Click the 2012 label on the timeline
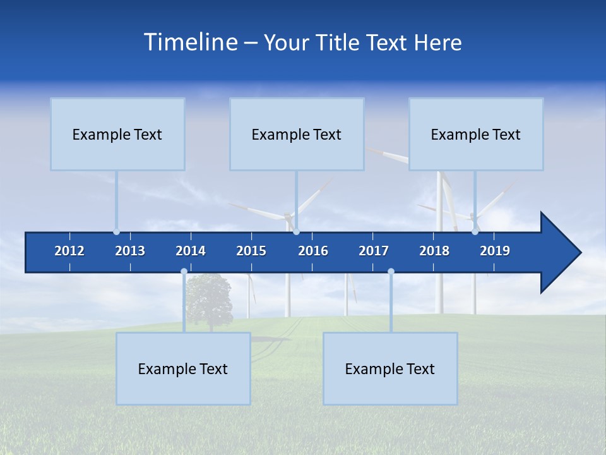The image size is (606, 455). click(x=69, y=251)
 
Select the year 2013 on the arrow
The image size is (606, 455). click(x=130, y=251)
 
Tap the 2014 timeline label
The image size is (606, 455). click(x=191, y=251)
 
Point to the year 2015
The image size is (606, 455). click(x=251, y=251)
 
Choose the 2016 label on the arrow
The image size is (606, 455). click(x=313, y=251)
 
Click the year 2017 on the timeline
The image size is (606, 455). click(x=374, y=251)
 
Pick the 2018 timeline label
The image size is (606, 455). click(x=434, y=251)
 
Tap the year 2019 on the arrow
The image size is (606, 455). click(x=495, y=251)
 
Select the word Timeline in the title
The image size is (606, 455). click(x=190, y=42)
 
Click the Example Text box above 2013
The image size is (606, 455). click(x=117, y=134)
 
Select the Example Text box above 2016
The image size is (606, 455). click(x=297, y=134)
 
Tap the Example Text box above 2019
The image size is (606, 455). click(x=476, y=134)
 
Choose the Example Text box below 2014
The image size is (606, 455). click(x=183, y=368)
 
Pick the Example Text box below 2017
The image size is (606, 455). click(x=390, y=368)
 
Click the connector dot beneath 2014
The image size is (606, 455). click(x=184, y=272)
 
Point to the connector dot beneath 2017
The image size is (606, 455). click(x=391, y=272)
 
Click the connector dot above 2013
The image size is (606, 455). click(x=116, y=232)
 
